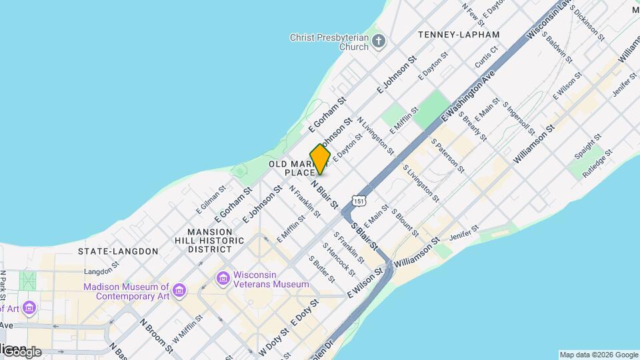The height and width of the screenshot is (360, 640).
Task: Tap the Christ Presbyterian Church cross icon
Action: (379, 42)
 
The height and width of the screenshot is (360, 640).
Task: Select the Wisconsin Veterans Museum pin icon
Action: (223, 277)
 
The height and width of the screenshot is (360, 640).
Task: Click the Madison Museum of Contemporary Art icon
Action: (179, 291)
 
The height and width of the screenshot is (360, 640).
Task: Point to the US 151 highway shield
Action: (359, 201)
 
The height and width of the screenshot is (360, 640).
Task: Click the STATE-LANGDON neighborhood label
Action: (118, 251)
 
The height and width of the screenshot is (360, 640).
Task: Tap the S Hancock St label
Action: (339, 259)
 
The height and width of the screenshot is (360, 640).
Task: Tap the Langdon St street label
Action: (101, 271)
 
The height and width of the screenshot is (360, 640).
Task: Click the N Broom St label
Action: (157, 334)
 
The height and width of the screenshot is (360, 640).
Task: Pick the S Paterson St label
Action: (445, 153)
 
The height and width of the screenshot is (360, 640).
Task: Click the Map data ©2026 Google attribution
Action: (599, 355)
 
